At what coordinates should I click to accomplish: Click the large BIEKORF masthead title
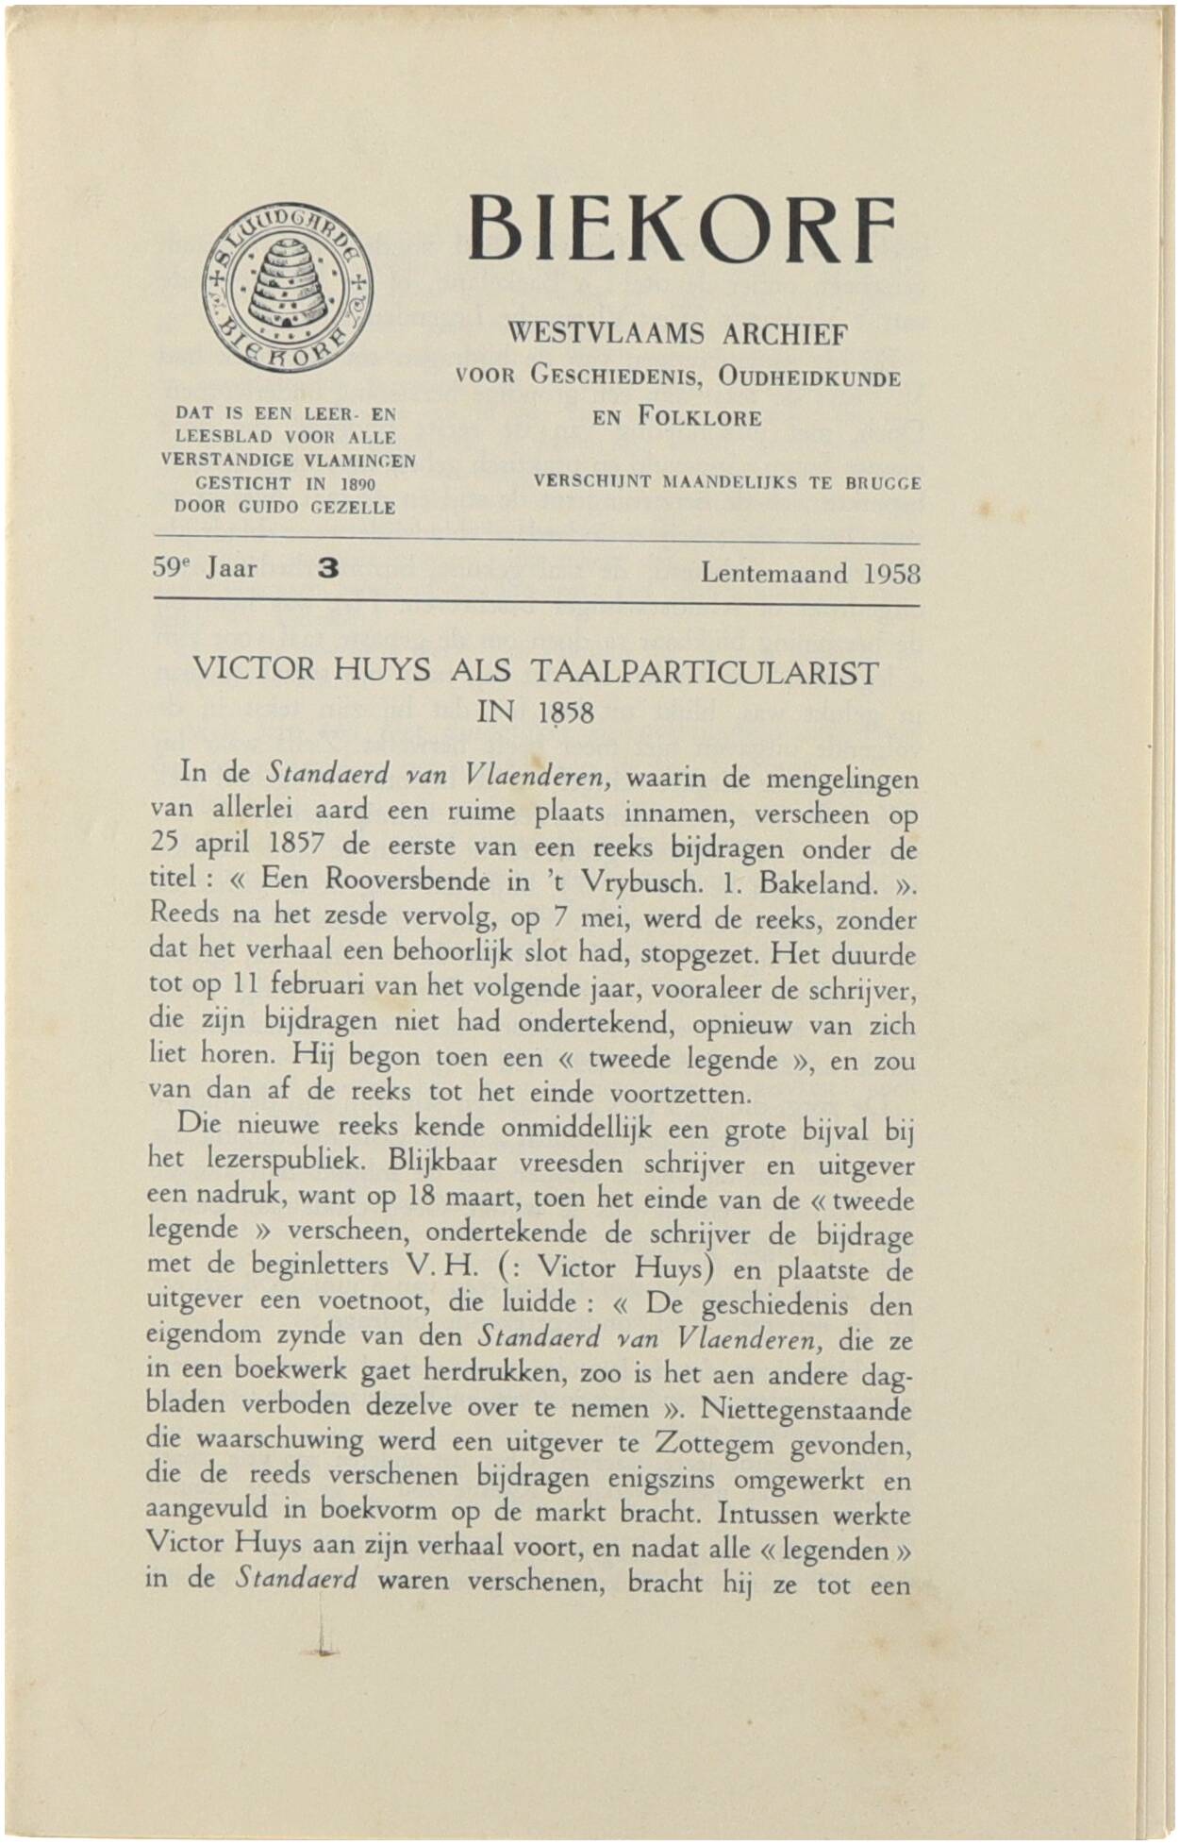click(x=681, y=229)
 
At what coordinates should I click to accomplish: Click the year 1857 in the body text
click(x=296, y=843)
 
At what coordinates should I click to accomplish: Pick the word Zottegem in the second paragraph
click(x=714, y=1444)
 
